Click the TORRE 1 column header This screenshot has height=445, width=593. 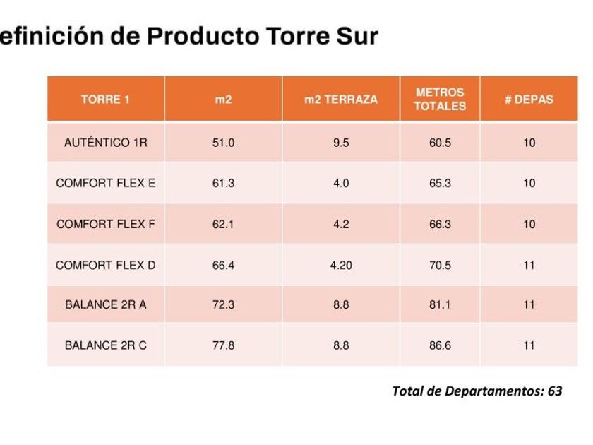[105, 100]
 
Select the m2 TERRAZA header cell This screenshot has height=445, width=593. [340, 100]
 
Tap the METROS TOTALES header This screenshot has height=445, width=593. [440, 100]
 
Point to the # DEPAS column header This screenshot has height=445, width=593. [529, 100]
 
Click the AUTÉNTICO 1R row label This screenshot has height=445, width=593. [105, 143]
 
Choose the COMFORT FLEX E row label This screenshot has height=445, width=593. [105, 184]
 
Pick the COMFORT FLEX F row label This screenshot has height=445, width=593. [105, 225]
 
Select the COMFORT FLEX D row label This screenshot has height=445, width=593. [105, 266]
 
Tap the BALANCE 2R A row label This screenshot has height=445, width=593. [105, 305]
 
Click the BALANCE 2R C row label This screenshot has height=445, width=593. [105, 346]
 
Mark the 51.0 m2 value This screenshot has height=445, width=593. [223, 143]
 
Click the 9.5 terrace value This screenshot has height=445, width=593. [340, 143]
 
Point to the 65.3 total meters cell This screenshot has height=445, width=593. [440, 184]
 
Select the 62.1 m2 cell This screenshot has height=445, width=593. [223, 225]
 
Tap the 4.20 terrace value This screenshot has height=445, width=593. [340, 266]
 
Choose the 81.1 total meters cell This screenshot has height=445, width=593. [440, 305]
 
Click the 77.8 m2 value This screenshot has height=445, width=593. [223, 346]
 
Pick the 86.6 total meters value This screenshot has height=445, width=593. [440, 346]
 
